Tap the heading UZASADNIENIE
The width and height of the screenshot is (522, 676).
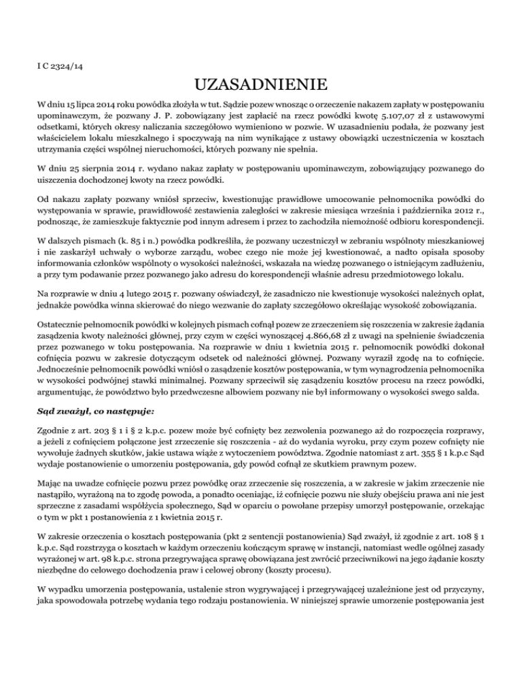click(260, 86)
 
